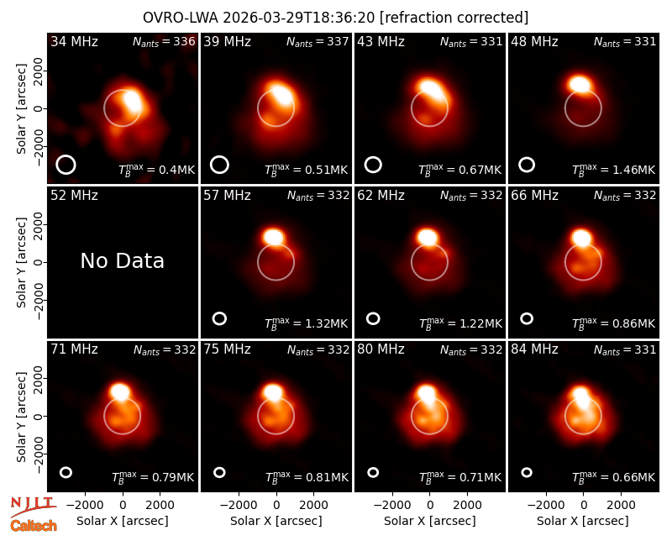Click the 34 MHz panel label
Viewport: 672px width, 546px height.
click(74, 41)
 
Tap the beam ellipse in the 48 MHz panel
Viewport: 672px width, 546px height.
click(527, 165)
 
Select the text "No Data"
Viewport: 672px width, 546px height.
click(123, 260)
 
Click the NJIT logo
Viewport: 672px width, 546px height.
click(33, 507)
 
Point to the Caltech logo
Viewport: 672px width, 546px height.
click(34, 526)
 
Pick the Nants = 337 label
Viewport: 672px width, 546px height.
click(318, 41)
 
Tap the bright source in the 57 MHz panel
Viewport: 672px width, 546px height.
click(274, 237)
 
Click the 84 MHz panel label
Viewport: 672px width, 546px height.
click(534, 349)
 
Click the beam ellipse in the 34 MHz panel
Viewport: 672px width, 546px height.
click(66, 165)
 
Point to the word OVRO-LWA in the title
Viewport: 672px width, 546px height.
click(181, 18)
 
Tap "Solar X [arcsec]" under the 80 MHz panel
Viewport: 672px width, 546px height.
click(430, 521)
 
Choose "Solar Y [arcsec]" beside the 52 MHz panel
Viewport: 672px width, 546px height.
click(21, 262)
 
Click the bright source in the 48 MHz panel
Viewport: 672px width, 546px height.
click(580, 83)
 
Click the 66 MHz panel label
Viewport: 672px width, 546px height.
click(534, 196)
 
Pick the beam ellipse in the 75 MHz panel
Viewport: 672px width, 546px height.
click(219, 472)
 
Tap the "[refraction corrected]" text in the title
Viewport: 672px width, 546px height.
click(454, 18)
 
